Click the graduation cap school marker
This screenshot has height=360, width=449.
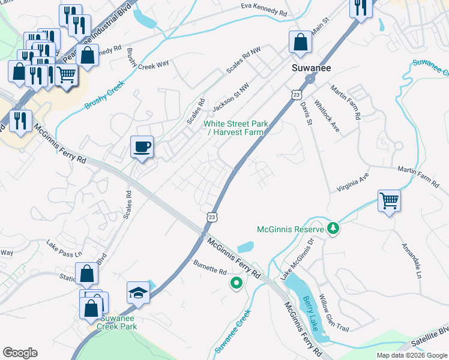tap(138, 292)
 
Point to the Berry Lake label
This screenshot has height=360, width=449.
tap(310, 314)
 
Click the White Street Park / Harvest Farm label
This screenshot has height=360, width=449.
tap(235, 128)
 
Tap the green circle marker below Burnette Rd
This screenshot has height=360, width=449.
tap(237, 283)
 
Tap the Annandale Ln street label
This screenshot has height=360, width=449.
tap(412, 261)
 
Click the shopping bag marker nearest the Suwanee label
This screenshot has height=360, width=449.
tap(300, 42)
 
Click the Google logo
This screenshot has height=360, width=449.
tap(20, 353)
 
